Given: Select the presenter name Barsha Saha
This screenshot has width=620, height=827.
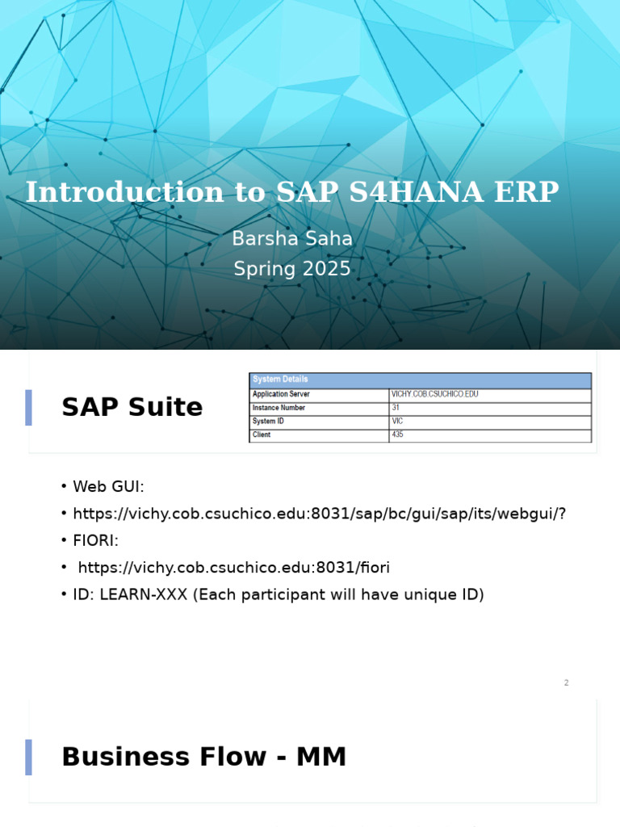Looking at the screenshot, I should click(292, 239).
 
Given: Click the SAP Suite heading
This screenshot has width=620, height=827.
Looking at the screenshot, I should click(132, 408).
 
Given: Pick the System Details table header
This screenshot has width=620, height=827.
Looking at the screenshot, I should click(280, 380).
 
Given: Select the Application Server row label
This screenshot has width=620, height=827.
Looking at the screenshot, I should click(281, 394).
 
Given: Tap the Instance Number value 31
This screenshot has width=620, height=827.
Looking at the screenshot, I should click(396, 408).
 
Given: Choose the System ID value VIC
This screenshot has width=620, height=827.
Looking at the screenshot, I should click(397, 422).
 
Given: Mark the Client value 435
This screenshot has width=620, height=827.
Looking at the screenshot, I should click(397, 434).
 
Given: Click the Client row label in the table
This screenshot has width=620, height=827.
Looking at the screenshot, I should click(262, 434).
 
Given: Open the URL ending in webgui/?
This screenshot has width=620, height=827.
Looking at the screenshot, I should click(320, 514).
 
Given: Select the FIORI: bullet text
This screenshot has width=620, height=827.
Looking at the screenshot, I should click(95, 540).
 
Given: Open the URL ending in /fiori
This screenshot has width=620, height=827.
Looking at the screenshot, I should click(234, 568).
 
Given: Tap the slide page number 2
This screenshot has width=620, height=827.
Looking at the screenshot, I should click(566, 683).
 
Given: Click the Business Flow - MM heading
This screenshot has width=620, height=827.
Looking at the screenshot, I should click(203, 758).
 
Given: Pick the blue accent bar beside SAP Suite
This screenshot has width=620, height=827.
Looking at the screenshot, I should click(29, 408).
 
